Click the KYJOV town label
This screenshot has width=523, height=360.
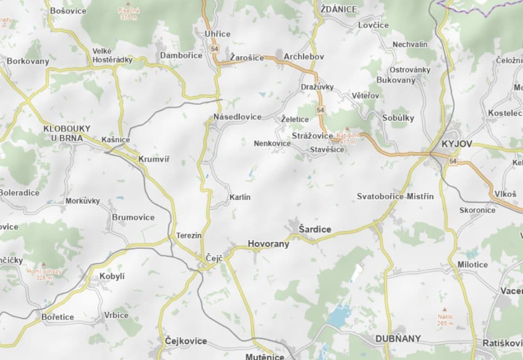pos(457,144)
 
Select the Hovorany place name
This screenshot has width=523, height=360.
pos(268,244)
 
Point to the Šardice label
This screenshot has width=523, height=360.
pos(315,229)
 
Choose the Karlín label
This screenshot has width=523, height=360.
pos(240,197)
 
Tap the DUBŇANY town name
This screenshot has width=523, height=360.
pos(398,339)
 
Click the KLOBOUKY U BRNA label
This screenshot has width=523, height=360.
pos(67,133)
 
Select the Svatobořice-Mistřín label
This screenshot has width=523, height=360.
pos(395,196)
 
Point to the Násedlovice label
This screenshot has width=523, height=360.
pos(238,117)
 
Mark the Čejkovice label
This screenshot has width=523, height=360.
pos(186,341)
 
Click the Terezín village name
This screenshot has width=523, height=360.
pos(189,235)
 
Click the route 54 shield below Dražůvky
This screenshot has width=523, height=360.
pos(320,110)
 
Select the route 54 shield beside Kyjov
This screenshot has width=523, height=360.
pos(453,161)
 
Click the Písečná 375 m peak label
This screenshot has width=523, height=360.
pos(129,14)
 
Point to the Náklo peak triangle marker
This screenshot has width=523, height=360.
pos(445,310)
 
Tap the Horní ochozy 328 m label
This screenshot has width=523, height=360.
pos(44,274)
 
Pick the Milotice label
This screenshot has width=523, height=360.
pos(473,265)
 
